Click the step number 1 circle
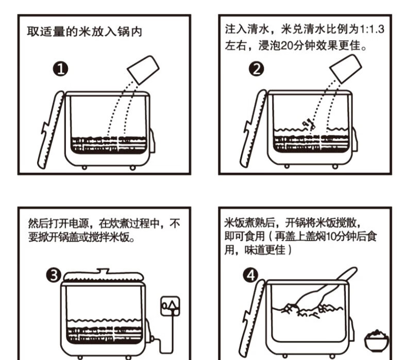[x=61, y=70]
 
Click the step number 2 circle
[x=256, y=69]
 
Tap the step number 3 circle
[x=54, y=275]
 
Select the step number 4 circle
[x=250, y=275]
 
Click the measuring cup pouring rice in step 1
[x=143, y=70]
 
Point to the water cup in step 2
[x=346, y=69]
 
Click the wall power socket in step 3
[x=171, y=306]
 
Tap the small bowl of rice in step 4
[x=377, y=340]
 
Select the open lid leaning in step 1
[x=51, y=129]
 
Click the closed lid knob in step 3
[x=103, y=271]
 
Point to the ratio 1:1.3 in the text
[x=371, y=29]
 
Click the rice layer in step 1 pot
[x=109, y=144]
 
